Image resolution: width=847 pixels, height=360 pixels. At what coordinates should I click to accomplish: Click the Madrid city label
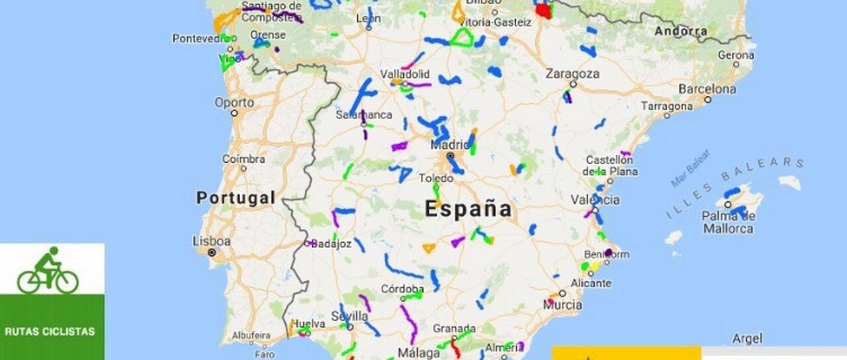pyautogui.click(x=449, y=145)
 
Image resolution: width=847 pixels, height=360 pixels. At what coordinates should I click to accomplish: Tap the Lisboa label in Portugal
pyautogui.click(x=212, y=241)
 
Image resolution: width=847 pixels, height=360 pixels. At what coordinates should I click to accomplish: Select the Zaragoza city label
pyautogui.click(x=572, y=74)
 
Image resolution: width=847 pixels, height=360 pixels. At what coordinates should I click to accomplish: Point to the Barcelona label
pyautogui.click(x=707, y=89)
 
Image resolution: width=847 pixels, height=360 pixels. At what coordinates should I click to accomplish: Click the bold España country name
pyautogui.click(x=468, y=210)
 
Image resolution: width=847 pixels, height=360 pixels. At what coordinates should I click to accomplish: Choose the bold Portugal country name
pyautogui.click(x=236, y=198)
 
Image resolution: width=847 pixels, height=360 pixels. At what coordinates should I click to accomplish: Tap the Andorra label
pyautogui.click(x=680, y=31)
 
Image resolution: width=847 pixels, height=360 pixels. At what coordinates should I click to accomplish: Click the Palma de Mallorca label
pyautogui.click(x=727, y=222)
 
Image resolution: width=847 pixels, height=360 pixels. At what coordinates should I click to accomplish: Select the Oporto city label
pyautogui.click(x=234, y=103)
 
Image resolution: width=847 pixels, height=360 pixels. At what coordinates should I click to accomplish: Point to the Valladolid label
pyautogui.click(x=404, y=74)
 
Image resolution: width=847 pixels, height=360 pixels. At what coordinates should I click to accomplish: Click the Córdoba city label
pyautogui.click(x=402, y=289)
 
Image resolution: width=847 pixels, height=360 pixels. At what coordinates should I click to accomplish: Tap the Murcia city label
pyautogui.click(x=562, y=304)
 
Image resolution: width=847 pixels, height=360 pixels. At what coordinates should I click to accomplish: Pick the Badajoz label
pyautogui.click(x=330, y=244)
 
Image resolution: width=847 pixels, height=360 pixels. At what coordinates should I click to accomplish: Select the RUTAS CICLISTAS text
pyautogui.click(x=50, y=332)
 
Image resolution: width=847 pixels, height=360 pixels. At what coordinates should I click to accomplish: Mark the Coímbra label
pyautogui.click(x=244, y=159)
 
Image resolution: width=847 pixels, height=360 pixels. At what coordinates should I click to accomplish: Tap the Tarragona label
pyautogui.click(x=666, y=106)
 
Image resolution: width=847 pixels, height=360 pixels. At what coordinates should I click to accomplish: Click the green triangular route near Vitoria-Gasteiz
pyautogui.click(x=462, y=38)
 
